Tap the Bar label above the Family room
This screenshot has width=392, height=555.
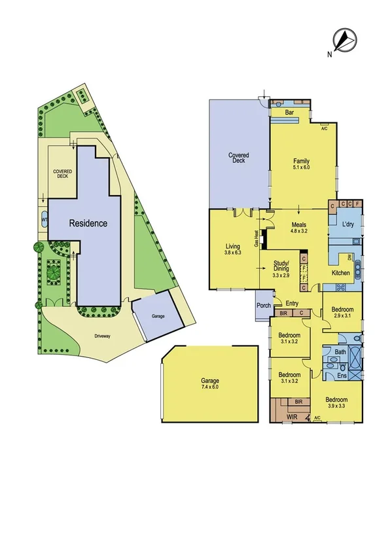click(x=288, y=113)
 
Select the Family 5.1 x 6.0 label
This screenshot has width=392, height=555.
click(x=302, y=164)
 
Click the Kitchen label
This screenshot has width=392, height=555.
click(x=341, y=272)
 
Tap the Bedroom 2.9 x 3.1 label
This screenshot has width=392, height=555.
click(x=342, y=312)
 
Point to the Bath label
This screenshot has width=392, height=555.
click(x=340, y=351)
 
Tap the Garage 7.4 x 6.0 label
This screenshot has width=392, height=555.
click(x=210, y=384)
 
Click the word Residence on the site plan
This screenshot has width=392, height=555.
click(x=88, y=223)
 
